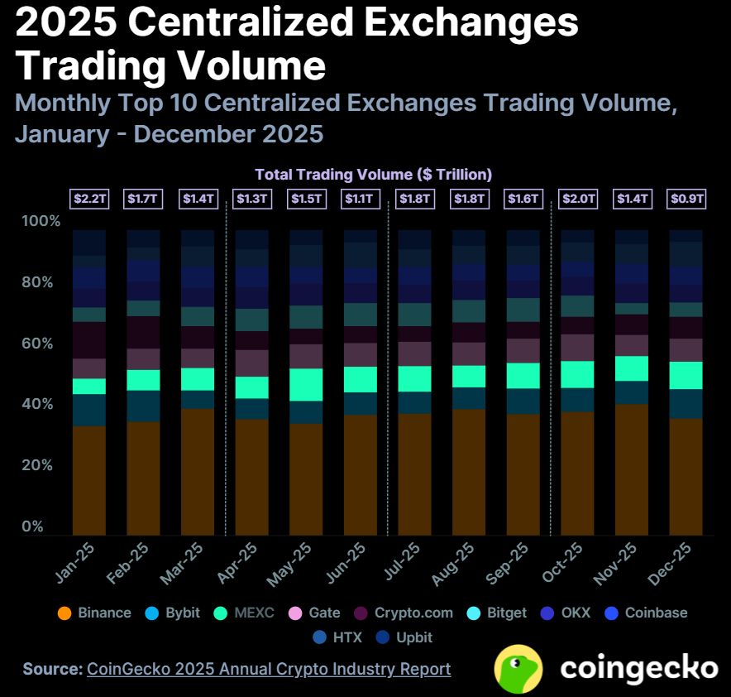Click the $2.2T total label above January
point(88,199)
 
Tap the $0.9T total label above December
point(686,199)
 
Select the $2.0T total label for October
point(577,199)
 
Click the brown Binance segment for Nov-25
point(632,469)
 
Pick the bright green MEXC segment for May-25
point(306,384)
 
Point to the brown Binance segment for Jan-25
point(88,480)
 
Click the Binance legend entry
point(94,613)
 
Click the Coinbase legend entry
point(646,613)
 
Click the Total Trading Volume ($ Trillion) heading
point(373,175)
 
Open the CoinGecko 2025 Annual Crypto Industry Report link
point(269,669)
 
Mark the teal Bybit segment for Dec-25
point(686,403)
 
